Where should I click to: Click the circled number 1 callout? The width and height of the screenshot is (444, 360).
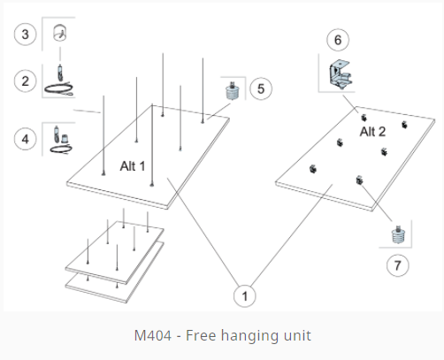tap(245, 295)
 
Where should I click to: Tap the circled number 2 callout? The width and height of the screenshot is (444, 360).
tap(26, 81)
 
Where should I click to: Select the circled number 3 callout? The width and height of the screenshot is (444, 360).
tap(26, 34)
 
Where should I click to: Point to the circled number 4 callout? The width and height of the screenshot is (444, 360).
tap(26, 139)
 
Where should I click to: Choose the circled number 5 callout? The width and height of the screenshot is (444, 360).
tap(261, 88)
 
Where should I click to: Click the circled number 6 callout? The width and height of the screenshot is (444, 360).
tap(338, 40)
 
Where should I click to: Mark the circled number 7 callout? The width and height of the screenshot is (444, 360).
tap(398, 265)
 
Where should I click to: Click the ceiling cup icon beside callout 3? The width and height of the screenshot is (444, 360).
tap(60, 33)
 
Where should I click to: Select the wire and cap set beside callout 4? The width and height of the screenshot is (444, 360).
tap(61, 141)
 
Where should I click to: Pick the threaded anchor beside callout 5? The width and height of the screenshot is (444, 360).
tap(233, 91)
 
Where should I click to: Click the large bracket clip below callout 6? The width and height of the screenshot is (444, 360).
tap(340, 73)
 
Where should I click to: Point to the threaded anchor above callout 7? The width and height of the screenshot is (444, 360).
tap(398, 234)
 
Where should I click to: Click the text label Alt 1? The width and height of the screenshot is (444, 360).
tap(133, 166)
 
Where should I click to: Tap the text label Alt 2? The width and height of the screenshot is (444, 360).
tap(372, 132)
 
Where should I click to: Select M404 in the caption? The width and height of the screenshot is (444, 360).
tap(153, 335)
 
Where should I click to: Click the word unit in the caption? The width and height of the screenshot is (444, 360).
tap(297, 335)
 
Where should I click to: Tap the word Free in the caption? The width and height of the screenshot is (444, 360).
tap(201, 335)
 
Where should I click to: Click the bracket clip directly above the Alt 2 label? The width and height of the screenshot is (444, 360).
tap(364, 118)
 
